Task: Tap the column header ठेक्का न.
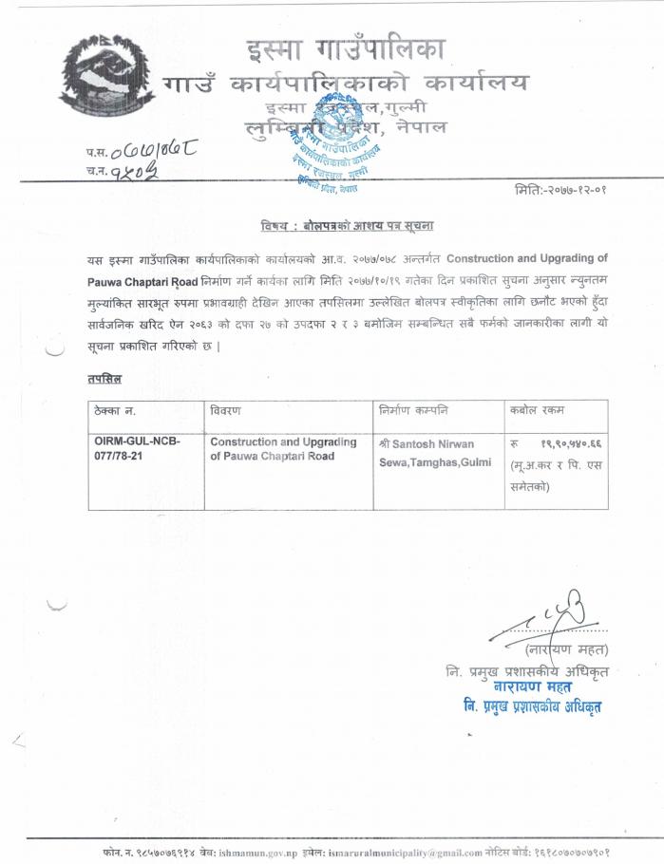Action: pos(117,410)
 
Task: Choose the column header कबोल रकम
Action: pos(538,410)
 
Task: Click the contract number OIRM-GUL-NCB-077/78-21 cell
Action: pos(137,449)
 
